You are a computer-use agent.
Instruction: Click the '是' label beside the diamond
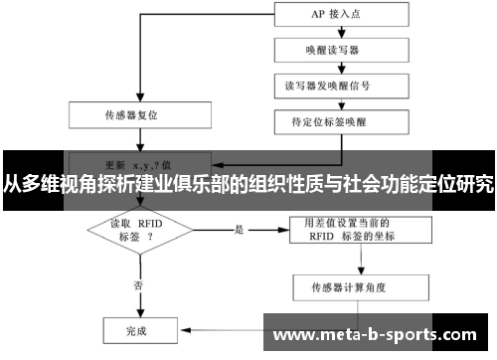coord(239,229)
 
